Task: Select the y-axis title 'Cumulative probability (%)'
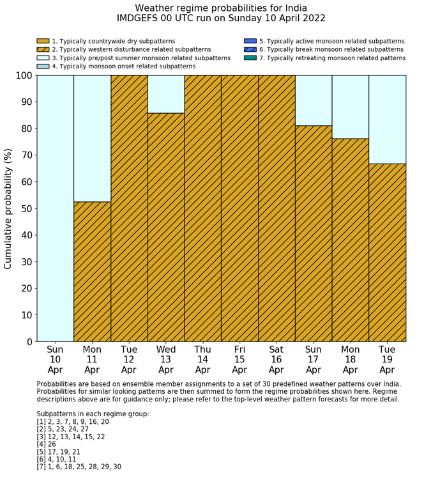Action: [x=8, y=208]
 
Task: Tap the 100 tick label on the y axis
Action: [x=22, y=75]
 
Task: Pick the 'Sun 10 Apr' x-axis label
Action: [x=55, y=359]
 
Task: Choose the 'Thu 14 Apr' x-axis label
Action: [x=202, y=359]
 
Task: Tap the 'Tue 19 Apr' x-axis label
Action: [x=387, y=359]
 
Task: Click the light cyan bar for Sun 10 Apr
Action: [x=55, y=208]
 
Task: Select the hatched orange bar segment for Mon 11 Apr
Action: [x=92, y=272]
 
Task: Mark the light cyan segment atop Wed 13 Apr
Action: [x=166, y=94]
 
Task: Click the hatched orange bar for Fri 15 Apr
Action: [x=239, y=208]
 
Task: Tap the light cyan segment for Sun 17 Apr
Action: [x=313, y=100]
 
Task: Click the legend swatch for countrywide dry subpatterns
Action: [x=43, y=41]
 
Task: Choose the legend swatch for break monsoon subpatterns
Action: [x=250, y=49]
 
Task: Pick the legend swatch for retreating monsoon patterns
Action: [x=250, y=58]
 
